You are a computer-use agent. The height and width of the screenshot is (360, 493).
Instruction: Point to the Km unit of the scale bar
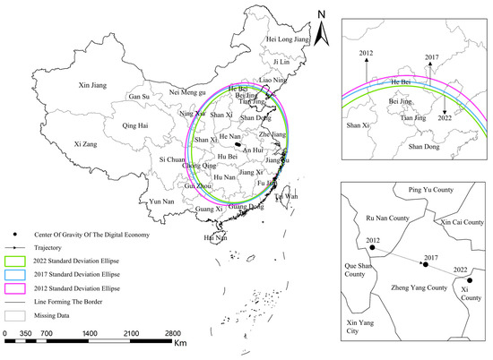pos(180,345)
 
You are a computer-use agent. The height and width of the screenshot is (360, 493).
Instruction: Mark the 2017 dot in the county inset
pos(426,264)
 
